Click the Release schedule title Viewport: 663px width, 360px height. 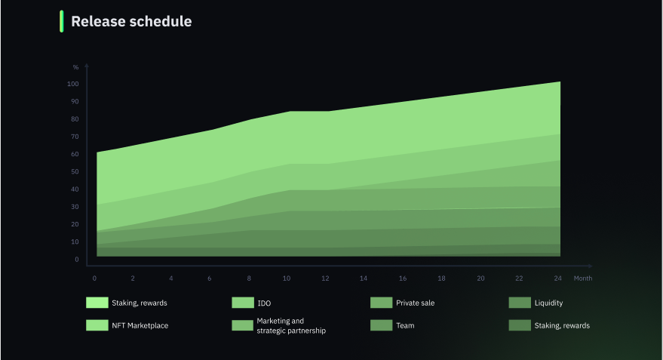point(131,21)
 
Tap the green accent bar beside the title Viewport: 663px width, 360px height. point(62,21)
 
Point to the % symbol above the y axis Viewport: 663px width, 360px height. point(75,67)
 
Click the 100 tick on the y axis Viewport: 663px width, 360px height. point(72,84)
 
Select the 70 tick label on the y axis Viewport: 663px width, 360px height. point(75,137)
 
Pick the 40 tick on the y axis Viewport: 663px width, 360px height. point(75,189)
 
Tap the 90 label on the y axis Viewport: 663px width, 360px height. point(75,102)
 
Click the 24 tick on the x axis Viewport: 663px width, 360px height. point(557,278)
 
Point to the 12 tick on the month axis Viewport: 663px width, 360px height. point(325,278)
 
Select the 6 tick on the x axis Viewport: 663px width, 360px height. point(209,278)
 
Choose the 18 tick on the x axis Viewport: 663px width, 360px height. point(441,278)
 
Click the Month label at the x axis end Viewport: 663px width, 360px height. point(582,278)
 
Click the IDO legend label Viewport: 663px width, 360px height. point(264,303)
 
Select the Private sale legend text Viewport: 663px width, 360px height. point(415,303)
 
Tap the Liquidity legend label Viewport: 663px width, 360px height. point(548,303)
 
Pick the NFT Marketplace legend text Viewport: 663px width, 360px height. point(140,325)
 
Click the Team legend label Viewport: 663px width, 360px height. point(405,325)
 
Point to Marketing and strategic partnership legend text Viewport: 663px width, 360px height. point(291,326)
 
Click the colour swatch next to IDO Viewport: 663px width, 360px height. point(243,303)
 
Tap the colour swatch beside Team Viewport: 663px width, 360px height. point(382,325)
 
